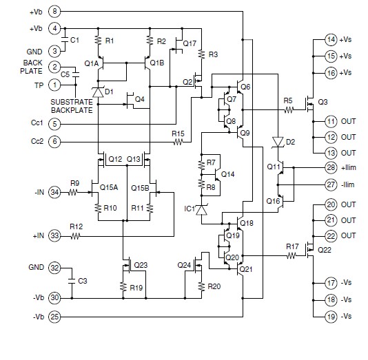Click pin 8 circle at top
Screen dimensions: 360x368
pos(55,12)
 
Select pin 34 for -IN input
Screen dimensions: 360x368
pos(55,193)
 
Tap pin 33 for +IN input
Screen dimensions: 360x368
pos(55,236)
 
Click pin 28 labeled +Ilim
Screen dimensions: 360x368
pos(331,167)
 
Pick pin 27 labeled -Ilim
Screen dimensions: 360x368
pos(331,184)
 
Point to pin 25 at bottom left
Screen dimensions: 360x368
pos(55,316)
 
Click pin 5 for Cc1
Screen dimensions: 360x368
pos(55,123)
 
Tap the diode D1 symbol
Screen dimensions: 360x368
pos(99,91)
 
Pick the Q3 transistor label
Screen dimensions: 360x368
pos(322,102)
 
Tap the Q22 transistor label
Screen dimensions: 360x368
pos(324,251)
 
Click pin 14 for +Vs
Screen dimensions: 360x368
pos(331,39)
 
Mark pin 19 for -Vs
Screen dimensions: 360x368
pos(331,316)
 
